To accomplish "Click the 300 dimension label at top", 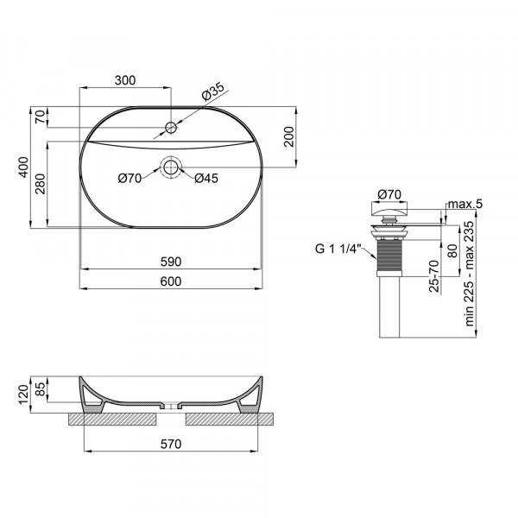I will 126,80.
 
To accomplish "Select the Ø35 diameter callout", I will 214,89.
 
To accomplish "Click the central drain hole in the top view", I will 171,167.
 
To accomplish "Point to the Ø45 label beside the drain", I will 205,179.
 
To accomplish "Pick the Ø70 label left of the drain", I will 130,179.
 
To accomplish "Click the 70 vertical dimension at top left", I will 40,118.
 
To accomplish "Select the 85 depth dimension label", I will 41,388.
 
